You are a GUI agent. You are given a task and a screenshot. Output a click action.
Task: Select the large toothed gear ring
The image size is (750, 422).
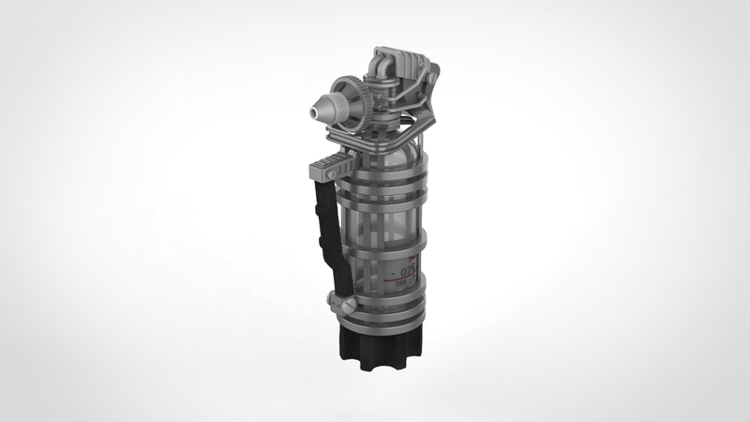[x=352, y=100]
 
